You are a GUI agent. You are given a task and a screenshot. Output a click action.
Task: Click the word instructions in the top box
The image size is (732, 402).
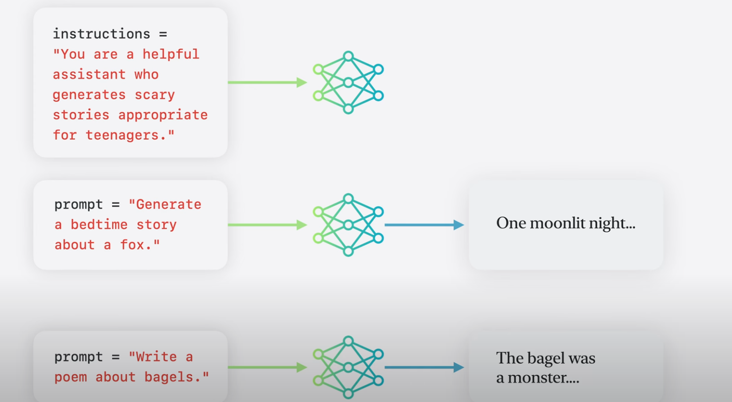coord(101,34)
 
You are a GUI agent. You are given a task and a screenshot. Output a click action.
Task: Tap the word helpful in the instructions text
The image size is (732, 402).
coord(171,54)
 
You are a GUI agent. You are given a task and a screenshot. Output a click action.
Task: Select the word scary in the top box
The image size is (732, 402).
coord(154,95)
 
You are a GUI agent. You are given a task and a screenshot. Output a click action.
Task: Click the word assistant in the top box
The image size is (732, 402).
coord(89,74)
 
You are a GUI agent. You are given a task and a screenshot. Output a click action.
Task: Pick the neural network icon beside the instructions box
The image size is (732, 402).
coord(348,83)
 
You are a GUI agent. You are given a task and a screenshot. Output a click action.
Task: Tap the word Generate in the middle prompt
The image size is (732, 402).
coord(168,204)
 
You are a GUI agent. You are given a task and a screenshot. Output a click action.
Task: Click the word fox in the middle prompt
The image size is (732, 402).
coord(132,245)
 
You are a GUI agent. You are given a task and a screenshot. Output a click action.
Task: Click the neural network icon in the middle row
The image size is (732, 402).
coord(348,225)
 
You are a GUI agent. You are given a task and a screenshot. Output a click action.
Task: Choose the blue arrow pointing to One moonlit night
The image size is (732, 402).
coord(424,225)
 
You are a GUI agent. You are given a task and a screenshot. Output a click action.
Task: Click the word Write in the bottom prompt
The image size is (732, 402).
coord(156,357)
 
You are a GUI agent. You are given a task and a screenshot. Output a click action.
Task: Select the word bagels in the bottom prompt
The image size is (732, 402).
coord(172,377)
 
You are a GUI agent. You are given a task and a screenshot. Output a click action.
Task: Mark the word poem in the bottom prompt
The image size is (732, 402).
coord(71,377)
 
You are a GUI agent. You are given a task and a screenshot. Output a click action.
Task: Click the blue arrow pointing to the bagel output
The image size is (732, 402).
coord(424,368)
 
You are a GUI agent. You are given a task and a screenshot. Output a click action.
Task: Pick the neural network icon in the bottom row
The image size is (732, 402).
coord(348,368)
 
